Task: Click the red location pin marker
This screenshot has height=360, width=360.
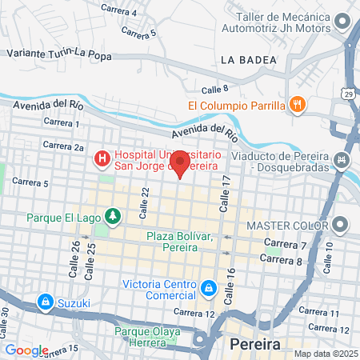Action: pos(180,163)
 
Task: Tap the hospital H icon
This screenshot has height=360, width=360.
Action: pos(102,160)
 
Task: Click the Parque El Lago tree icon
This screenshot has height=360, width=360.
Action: pos(114,216)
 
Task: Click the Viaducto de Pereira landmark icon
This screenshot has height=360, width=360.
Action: pos(342,161)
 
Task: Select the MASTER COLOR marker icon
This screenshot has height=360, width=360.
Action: pos(342,224)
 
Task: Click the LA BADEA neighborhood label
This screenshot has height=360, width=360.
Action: pos(248,60)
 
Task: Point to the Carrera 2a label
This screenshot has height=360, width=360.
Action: pos(63,146)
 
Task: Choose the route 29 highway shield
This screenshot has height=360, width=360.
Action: pos(350,95)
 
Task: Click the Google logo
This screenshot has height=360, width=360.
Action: pos(26,350)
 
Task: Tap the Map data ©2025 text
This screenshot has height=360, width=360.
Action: pos(325,354)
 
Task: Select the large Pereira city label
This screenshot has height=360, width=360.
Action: pos(254,346)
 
